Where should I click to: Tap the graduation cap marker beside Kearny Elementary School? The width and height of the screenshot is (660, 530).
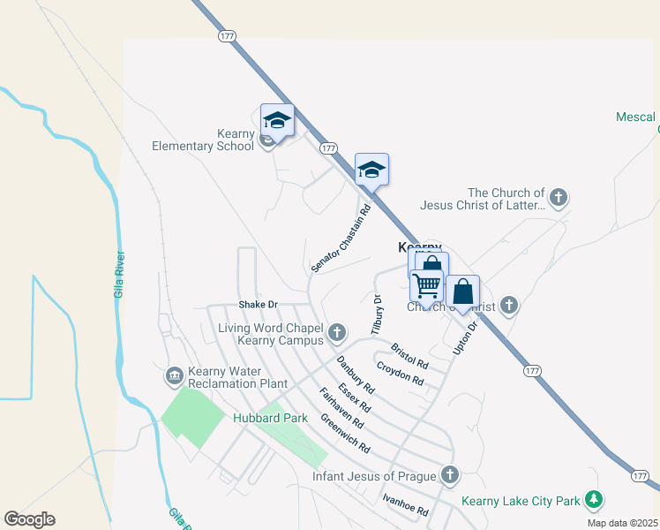pyautogui.click(x=277, y=121)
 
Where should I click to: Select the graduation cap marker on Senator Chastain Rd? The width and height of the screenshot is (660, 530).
pyautogui.click(x=371, y=170)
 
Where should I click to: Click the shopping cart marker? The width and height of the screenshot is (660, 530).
pyautogui.click(x=426, y=286)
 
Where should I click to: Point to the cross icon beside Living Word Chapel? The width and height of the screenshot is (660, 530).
pyautogui.click(x=336, y=333)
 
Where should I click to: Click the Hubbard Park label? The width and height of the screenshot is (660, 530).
pyautogui.click(x=263, y=418)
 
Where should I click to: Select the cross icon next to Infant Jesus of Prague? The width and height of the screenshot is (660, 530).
pyautogui.click(x=450, y=476)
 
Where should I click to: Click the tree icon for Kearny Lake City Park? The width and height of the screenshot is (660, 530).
pyautogui.click(x=595, y=501)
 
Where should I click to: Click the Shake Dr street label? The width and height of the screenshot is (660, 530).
pyautogui.click(x=258, y=305)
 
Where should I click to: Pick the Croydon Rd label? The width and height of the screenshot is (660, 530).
pyautogui.click(x=400, y=374)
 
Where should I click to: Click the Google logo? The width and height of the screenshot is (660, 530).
pyautogui.click(x=29, y=519)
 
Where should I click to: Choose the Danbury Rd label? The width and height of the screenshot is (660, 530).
pyautogui.click(x=356, y=375)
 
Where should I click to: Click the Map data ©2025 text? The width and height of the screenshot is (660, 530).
pyautogui.click(x=621, y=523)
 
